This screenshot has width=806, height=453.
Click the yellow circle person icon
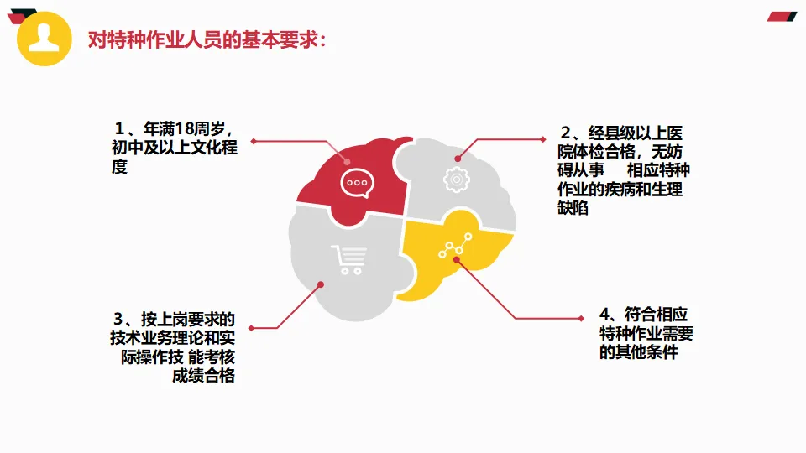click(44, 39)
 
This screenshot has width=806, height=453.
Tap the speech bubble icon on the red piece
click(355, 183)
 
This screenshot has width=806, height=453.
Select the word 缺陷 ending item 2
click(573, 208)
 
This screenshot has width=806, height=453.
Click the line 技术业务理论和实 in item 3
click(171, 338)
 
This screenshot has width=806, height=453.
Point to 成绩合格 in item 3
click(202, 375)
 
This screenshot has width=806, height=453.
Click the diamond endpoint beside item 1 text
click(253, 141)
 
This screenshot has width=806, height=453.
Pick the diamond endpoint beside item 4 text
click(582, 319)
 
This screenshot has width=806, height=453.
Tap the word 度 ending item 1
click(120, 167)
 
